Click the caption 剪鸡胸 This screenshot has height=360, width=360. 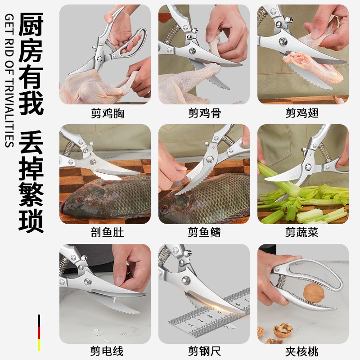pos(105,114)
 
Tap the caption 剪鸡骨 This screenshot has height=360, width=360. pos(204,114)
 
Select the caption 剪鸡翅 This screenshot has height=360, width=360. pos(302,114)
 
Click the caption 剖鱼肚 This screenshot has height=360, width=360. pos(105,233)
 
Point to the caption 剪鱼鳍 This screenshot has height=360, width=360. pos(204,233)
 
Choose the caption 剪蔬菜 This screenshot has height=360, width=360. pos(302,233)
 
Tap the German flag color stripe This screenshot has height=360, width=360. pos(39,333)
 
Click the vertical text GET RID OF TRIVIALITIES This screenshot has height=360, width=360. pos(9,81)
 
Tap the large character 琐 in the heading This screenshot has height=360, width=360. pos(31,219)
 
